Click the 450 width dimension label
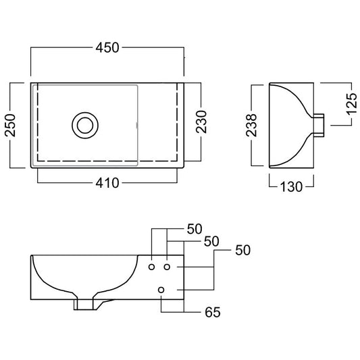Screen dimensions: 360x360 point(107,48)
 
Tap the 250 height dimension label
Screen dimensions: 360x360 point(10,126)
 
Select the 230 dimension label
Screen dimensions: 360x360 point(201,122)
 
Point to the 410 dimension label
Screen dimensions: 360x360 point(107,183)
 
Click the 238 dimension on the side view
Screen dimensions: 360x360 point(251,125)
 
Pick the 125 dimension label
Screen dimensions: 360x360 point(351,104)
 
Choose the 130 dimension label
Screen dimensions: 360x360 point(291,186)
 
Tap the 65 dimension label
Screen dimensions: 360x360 point(213,312)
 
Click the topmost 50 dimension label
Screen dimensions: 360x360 point(195,229)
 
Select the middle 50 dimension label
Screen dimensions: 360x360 point(211,241)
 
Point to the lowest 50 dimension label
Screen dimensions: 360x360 point(243,250)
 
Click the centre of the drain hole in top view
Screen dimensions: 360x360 point(85,126)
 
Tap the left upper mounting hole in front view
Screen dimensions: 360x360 point(151,267)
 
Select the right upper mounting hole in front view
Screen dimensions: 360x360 point(167,267)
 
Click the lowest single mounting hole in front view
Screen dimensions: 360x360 point(161,290)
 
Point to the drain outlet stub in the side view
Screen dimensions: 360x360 point(319,126)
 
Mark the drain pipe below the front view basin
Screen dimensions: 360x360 point(85,305)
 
